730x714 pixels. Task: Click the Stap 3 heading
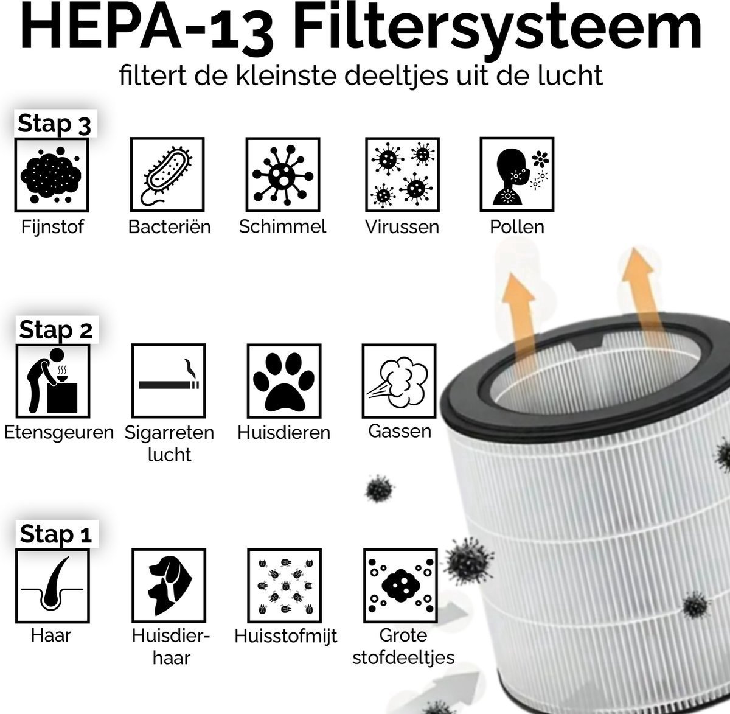coord(54,124)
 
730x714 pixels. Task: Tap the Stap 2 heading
coord(55,329)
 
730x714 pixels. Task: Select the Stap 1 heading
coord(56,534)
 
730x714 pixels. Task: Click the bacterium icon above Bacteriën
coord(167,174)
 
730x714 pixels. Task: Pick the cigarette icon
coord(169,380)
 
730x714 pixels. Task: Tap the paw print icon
coord(284,380)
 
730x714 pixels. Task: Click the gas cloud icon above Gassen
coord(398,380)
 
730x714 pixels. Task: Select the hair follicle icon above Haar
coord(52,586)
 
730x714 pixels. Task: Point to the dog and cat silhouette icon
coord(169,585)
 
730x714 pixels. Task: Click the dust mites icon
coord(284,586)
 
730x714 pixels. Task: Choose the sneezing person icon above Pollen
coord(517,174)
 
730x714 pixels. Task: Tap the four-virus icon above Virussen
coord(402,175)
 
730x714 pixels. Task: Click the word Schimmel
coord(282,226)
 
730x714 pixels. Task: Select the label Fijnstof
coord(52,227)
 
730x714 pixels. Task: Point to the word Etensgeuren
coord(59,433)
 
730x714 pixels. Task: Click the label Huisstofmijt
coord(285,636)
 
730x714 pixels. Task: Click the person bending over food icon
coord(53,380)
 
